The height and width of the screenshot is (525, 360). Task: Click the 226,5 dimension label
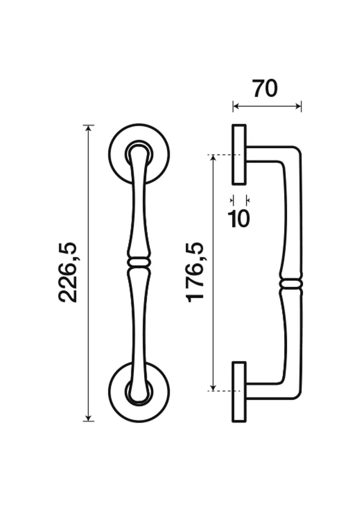coord(68,272)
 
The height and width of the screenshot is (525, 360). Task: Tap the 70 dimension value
coord(265,89)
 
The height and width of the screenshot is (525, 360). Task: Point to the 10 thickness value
coord(239,218)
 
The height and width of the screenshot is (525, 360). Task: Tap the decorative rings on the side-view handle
coord(291,285)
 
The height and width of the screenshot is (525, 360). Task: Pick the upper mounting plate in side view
coord(239,154)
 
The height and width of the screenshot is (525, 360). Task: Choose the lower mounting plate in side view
coord(239,391)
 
